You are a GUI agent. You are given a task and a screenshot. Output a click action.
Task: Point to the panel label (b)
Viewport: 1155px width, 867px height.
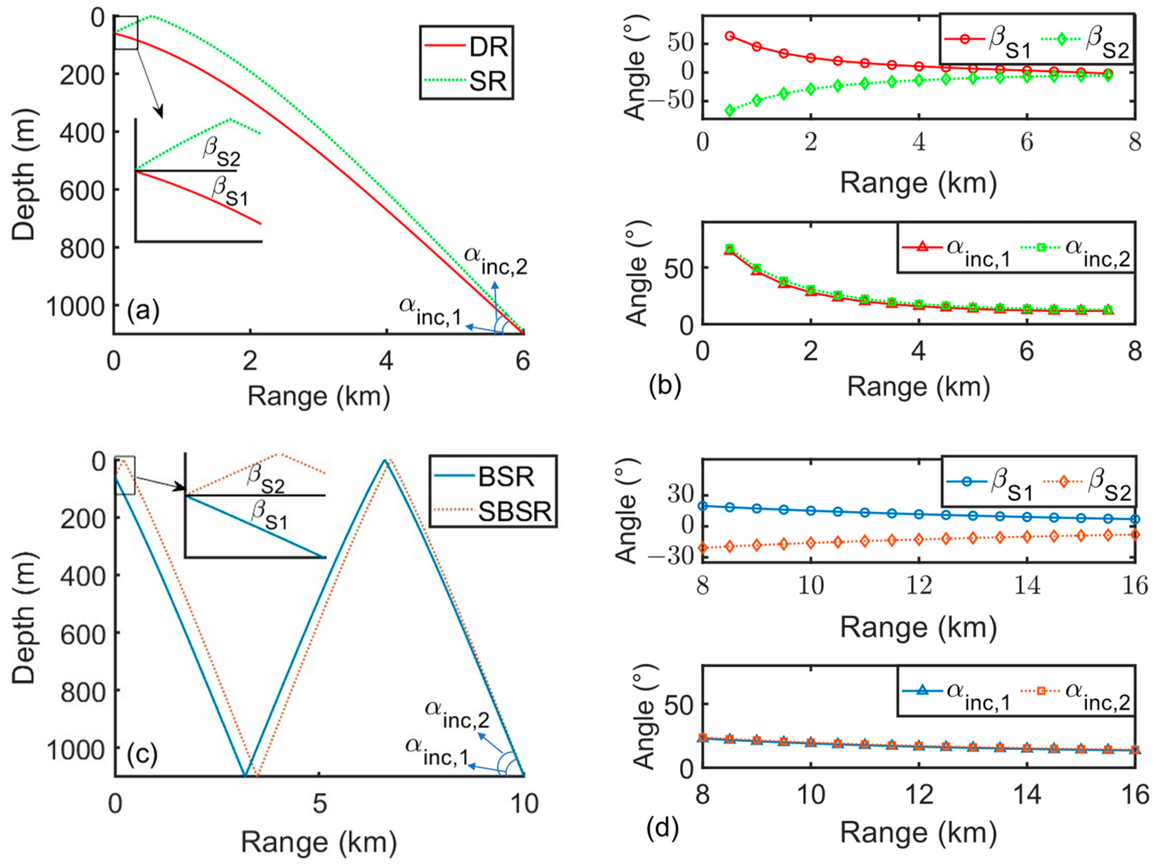[665, 386]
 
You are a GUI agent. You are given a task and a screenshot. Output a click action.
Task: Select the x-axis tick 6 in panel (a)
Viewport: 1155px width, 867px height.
[523, 361]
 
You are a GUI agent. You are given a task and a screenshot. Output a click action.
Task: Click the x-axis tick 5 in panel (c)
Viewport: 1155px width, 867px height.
[320, 803]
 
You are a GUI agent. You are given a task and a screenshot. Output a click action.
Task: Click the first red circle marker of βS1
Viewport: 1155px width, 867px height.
[730, 36]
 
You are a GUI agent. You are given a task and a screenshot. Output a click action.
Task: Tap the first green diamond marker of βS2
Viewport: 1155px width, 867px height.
[730, 110]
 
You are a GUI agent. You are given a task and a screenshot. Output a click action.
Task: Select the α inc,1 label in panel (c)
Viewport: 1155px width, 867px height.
[437, 751]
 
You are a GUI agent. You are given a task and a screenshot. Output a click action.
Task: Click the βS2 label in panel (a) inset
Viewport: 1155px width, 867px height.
[221, 152]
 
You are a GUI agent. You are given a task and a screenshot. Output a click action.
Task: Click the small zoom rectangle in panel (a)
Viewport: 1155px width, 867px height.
[126, 32]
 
